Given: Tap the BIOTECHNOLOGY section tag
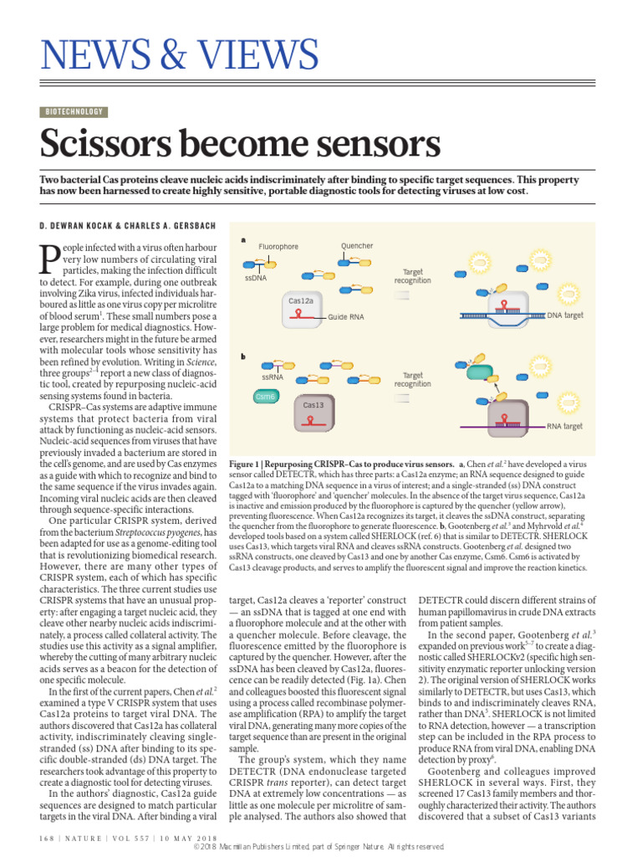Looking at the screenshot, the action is pyautogui.click(x=74, y=111).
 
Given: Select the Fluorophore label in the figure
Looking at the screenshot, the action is pyautogui.click(x=278, y=247).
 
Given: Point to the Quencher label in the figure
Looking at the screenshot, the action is pyautogui.click(x=357, y=246).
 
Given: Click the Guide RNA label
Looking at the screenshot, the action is pyautogui.click(x=346, y=317).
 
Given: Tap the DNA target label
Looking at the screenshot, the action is pyautogui.click(x=565, y=316).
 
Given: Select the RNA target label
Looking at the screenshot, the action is pyautogui.click(x=564, y=426).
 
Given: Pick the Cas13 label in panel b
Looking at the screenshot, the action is pyautogui.click(x=313, y=404).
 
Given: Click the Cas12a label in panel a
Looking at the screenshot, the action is pyautogui.click(x=301, y=300).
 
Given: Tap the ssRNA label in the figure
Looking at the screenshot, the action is pyautogui.click(x=273, y=377).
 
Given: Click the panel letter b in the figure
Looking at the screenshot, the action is pyautogui.click(x=243, y=357).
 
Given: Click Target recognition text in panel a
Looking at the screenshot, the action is pyautogui.click(x=413, y=277).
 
